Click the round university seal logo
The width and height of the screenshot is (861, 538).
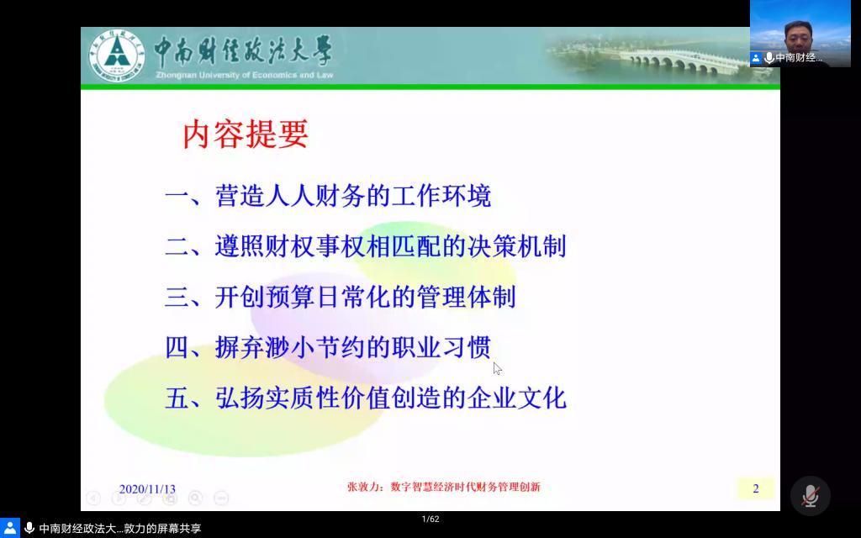(x=116, y=55)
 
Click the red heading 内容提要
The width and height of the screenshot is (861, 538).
(x=245, y=134)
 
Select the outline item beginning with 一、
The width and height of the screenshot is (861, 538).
(x=328, y=196)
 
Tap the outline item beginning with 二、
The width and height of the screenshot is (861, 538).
(x=366, y=246)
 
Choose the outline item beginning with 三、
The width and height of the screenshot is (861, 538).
(x=341, y=297)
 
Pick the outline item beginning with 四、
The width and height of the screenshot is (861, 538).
(x=328, y=347)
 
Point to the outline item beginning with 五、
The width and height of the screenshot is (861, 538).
(x=366, y=398)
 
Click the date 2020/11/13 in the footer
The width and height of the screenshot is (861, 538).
(x=147, y=488)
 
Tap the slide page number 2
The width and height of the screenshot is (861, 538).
(x=756, y=488)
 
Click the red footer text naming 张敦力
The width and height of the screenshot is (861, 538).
(x=444, y=487)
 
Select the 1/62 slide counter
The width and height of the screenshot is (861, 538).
(x=430, y=519)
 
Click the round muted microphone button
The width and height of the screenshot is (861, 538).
(x=810, y=496)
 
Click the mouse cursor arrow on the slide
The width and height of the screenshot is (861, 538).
(x=497, y=368)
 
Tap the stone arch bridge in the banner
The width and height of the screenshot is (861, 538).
(x=662, y=61)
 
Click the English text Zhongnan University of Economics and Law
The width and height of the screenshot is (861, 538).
(x=245, y=75)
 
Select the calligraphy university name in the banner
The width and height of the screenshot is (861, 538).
(x=243, y=51)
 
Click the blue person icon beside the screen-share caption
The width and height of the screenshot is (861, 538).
(x=10, y=528)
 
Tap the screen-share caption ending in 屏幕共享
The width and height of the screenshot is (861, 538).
(x=119, y=528)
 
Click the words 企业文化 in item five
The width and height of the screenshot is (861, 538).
(x=516, y=398)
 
